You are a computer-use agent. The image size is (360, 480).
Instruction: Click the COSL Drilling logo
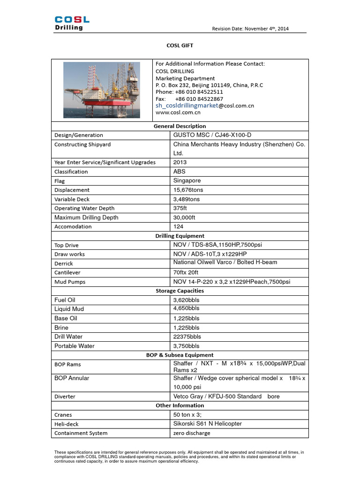pos(72,23)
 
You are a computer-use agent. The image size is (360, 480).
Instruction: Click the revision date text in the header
pos(250,29)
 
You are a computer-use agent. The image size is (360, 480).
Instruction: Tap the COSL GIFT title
pos(180,45)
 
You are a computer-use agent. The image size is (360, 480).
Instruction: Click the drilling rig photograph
pos(102,90)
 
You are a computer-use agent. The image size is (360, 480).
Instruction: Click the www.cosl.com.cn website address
pos(178,112)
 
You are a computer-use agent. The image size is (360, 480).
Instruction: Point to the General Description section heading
pos(180,126)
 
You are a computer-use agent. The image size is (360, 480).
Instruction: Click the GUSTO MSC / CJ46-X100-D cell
pos(209,135)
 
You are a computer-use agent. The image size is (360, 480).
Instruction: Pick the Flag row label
pos(60,181)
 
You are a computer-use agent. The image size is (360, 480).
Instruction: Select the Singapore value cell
pos(187,180)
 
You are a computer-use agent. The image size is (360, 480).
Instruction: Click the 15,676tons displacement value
pos(188,190)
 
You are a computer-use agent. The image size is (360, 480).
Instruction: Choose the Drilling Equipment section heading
pos(180,236)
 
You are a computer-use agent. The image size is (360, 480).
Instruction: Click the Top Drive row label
pos(67,245)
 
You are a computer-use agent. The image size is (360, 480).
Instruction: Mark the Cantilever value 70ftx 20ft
pos(186,272)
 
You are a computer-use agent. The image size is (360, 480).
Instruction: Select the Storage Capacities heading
pos(180,291)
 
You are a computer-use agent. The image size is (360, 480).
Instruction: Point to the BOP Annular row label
pos(72,378)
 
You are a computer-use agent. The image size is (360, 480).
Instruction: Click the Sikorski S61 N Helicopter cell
pos(207,424)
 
